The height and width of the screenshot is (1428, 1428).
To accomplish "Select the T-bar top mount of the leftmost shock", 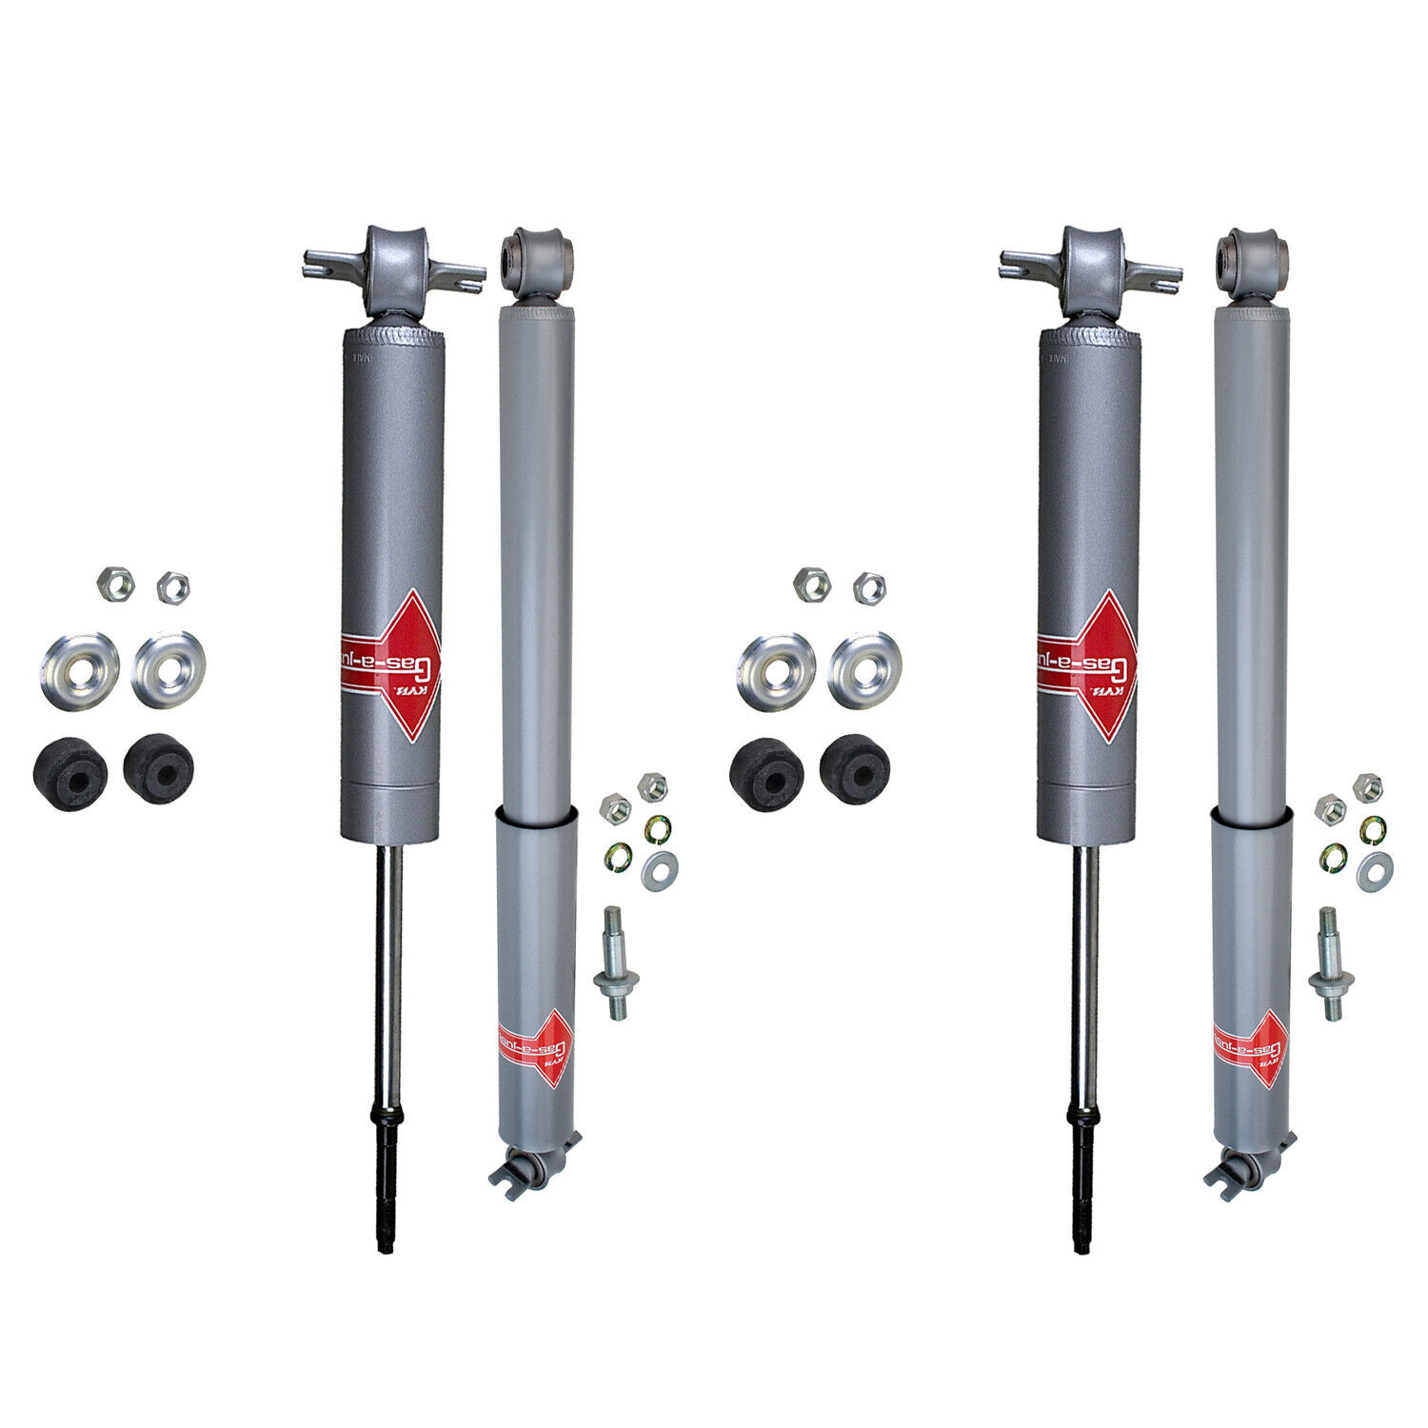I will tap(393, 271).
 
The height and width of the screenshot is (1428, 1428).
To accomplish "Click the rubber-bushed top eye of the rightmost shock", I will tap(1252, 254).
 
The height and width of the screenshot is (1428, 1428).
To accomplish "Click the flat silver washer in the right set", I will tap(1375, 870).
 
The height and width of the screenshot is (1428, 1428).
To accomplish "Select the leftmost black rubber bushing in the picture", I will tap(69, 774).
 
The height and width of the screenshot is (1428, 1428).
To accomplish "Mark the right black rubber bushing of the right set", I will tap(855, 767).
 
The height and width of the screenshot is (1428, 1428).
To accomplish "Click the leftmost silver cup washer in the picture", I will tap(79, 671).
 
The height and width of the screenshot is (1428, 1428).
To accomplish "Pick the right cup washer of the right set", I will tap(864, 669).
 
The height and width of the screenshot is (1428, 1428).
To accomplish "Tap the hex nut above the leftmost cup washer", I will tap(115, 584).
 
